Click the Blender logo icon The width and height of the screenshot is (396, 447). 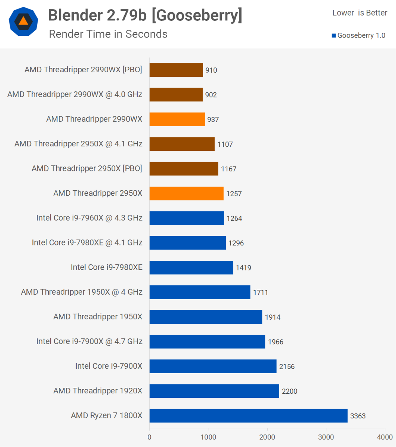pos(23,21)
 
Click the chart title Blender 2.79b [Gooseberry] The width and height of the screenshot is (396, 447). pos(145,15)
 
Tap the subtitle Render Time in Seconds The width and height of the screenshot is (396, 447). pos(108,34)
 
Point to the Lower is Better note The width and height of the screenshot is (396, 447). pos(360,13)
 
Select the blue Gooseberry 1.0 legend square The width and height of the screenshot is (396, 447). pos(334,36)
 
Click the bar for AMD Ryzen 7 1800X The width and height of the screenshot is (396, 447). pos(248,416)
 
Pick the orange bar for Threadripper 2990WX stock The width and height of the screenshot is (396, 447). pos(177,119)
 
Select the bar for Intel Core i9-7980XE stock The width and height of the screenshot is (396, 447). pos(191,267)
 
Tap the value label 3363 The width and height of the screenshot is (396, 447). pos(358,416)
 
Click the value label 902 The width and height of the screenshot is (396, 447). pos(211,95)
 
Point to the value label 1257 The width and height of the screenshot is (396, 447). pos(234,194)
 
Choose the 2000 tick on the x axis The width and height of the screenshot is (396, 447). pos(267,437)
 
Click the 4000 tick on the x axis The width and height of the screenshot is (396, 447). pos(385,437)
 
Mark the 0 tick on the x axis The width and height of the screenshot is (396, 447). pos(150,437)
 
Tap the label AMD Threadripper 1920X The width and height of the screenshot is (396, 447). pos(98,391)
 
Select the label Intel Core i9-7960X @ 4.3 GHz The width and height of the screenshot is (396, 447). pos(89,218)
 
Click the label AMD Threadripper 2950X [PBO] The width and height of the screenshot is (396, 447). pos(87,168)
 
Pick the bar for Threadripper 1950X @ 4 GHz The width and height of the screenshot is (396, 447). pos(200,292)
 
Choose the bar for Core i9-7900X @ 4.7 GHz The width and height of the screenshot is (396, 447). pos(207,342)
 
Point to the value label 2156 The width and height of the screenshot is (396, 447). pos(287,367)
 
